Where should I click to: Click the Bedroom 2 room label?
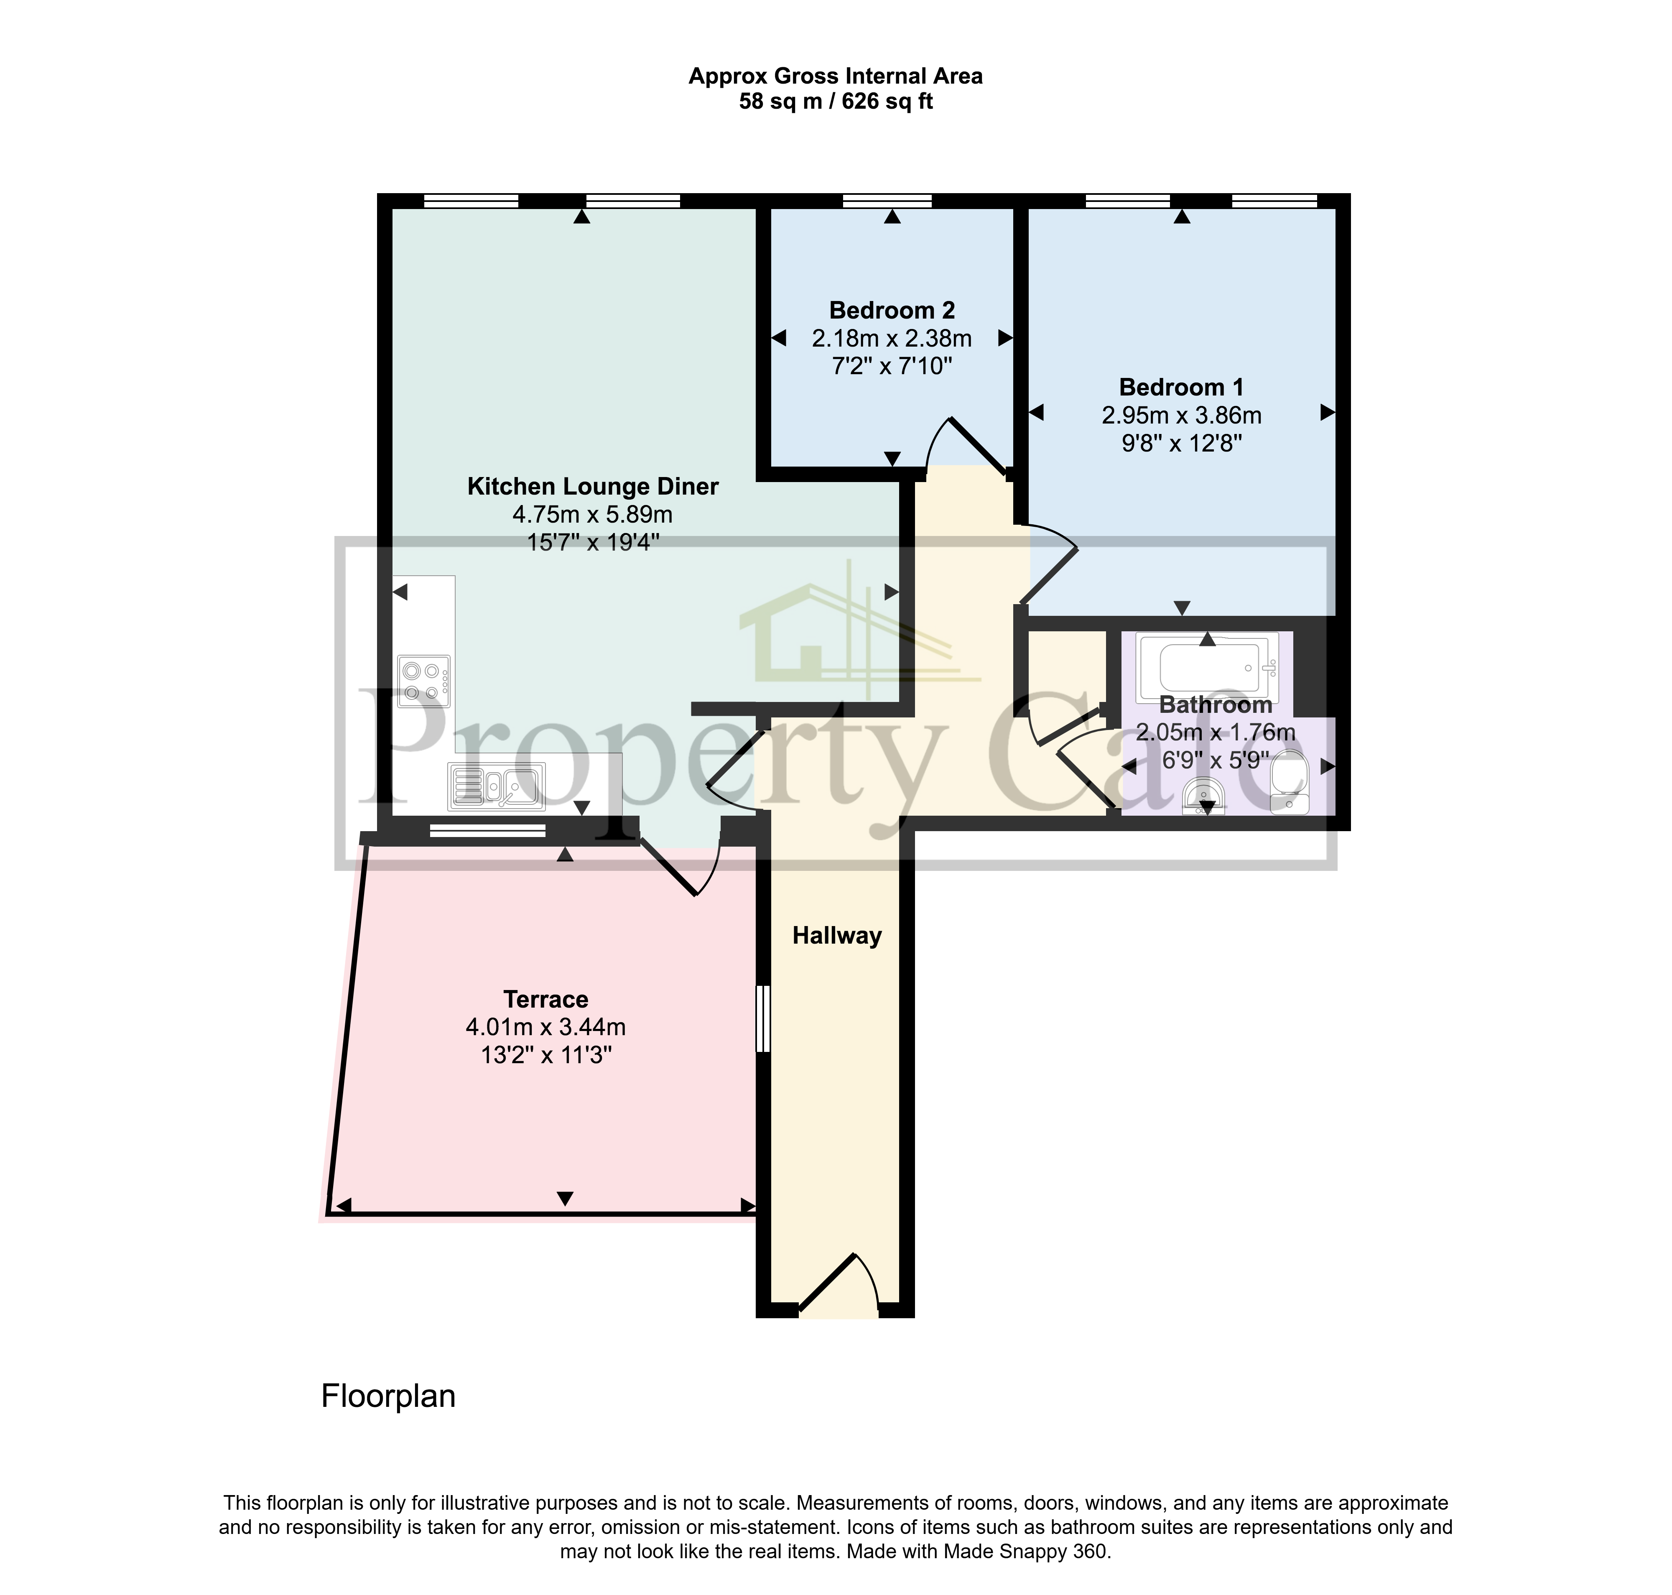point(892,310)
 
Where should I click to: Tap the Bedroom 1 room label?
point(1181,388)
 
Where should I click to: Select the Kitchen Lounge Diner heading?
point(592,486)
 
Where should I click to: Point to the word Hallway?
point(836,936)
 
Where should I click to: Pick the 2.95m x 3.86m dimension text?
point(1181,416)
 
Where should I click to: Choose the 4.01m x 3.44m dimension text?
point(546,1027)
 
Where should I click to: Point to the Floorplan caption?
point(388,1396)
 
